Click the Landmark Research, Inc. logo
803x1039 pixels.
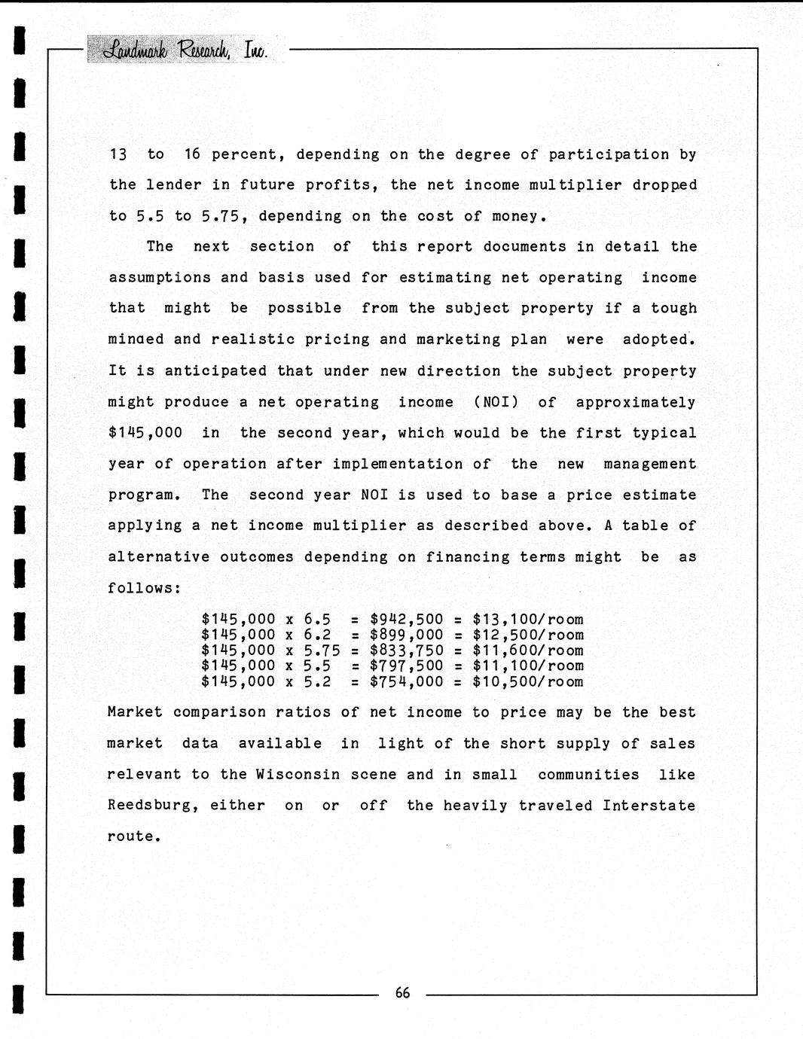pos(185,50)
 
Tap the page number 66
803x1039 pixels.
pos(403,993)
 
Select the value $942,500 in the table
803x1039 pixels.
pos(406,620)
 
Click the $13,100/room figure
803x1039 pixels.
pos(527,620)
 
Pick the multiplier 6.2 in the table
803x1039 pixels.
pos(317,635)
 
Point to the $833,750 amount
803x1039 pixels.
pos(406,651)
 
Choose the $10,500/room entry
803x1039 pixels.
pos(527,682)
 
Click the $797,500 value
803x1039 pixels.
pos(406,666)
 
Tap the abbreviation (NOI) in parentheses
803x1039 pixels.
pos(496,402)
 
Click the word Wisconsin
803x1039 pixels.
pos(298,775)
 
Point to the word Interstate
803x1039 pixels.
pos(649,806)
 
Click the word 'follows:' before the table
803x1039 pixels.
pos(144,588)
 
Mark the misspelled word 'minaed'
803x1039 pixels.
pos(136,340)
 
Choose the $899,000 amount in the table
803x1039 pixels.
pos(406,635)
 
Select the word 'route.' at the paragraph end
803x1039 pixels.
pos(134,836)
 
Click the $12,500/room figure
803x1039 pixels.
pos(527,635)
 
